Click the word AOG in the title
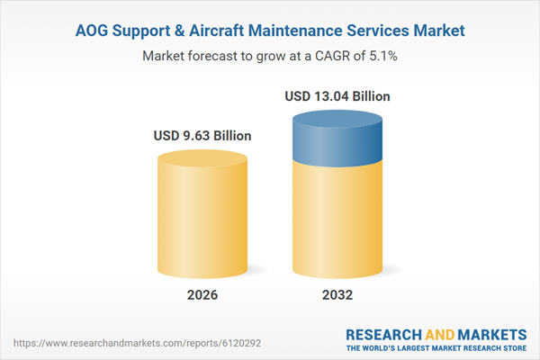coord(93,31)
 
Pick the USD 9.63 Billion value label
coord(202,136)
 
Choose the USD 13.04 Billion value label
coord(337,95)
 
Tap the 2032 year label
coord(337,295)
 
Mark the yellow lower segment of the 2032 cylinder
coord(337,225)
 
